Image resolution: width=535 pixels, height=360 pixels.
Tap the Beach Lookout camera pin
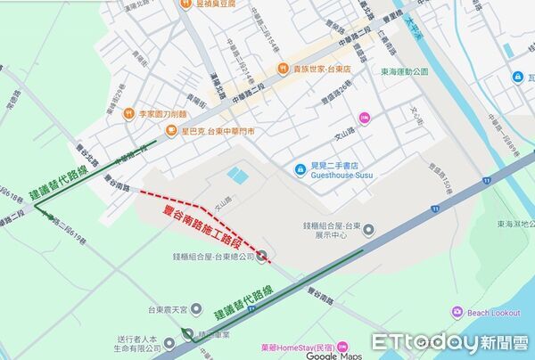457,312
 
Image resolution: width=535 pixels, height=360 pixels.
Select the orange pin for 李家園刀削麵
128,113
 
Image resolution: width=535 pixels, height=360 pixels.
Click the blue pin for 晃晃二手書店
301,170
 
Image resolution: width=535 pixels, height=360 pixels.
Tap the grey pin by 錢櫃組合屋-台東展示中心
368,232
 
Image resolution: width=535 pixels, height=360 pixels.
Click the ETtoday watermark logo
450,342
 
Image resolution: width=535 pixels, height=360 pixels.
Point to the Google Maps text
335,355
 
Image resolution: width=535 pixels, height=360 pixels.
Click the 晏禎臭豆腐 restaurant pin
185,4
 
